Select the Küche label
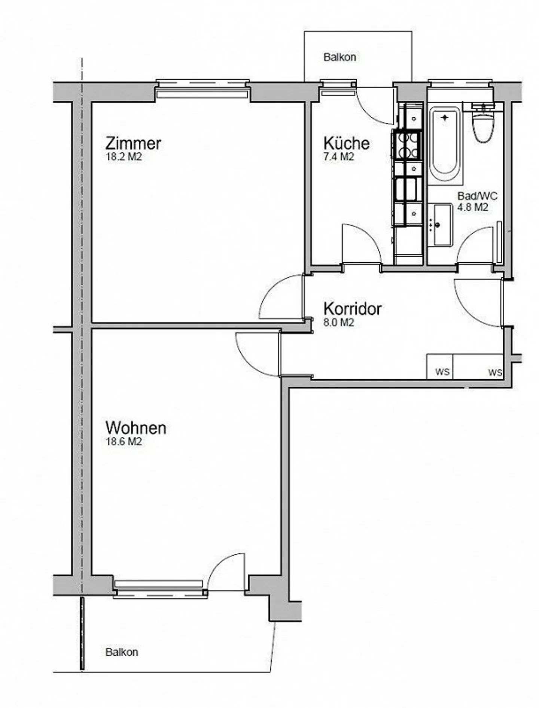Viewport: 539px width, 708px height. [x=346, y=143]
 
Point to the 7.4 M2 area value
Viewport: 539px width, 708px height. [x=338, y=157]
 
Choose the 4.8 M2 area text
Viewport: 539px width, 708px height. [x=473, y=207]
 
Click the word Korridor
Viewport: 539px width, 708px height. [x=352, y=309]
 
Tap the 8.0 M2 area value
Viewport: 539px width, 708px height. [x=338, y=323]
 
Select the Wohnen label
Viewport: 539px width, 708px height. [x=135, y=428]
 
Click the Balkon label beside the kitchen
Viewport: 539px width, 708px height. [x=339, y=57]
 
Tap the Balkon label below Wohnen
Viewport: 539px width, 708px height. [x=122, y=652]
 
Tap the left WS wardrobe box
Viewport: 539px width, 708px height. [x=440, y=367]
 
